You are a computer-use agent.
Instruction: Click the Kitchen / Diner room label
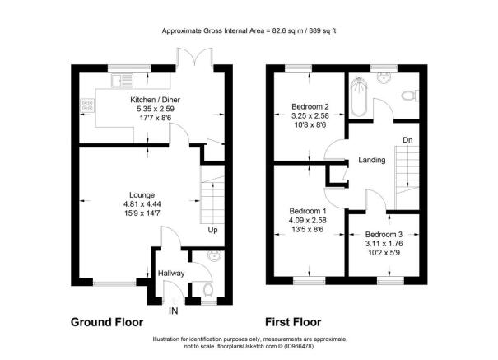155,100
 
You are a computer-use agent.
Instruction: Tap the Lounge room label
142,194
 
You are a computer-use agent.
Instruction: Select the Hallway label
171,274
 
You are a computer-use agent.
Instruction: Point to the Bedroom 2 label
310,106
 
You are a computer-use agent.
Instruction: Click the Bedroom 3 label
384,235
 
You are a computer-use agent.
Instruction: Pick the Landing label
372,160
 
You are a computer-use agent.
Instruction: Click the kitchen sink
122,80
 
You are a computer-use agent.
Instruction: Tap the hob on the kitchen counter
87,105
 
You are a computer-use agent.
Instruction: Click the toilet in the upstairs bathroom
410,96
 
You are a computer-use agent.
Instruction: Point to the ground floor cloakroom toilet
208,290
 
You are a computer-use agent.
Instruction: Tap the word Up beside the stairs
212,230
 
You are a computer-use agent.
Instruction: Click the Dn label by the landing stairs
407,140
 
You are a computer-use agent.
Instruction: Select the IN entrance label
173,311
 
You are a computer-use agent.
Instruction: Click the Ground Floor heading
107,322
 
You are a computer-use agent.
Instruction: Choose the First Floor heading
293,322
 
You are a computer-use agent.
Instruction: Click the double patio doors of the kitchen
195,58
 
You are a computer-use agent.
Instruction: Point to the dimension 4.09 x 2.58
307,220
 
